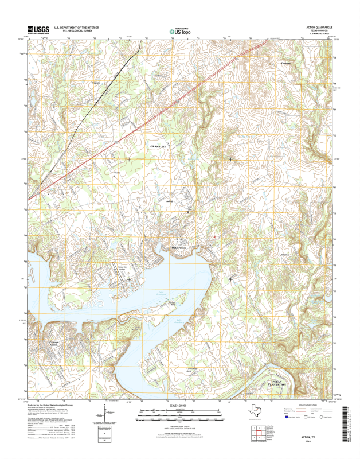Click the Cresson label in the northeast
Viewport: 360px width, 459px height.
pyautogui.click(x=287, y=62)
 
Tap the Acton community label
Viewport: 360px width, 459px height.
pyautogui.click(x=169, y=201)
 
